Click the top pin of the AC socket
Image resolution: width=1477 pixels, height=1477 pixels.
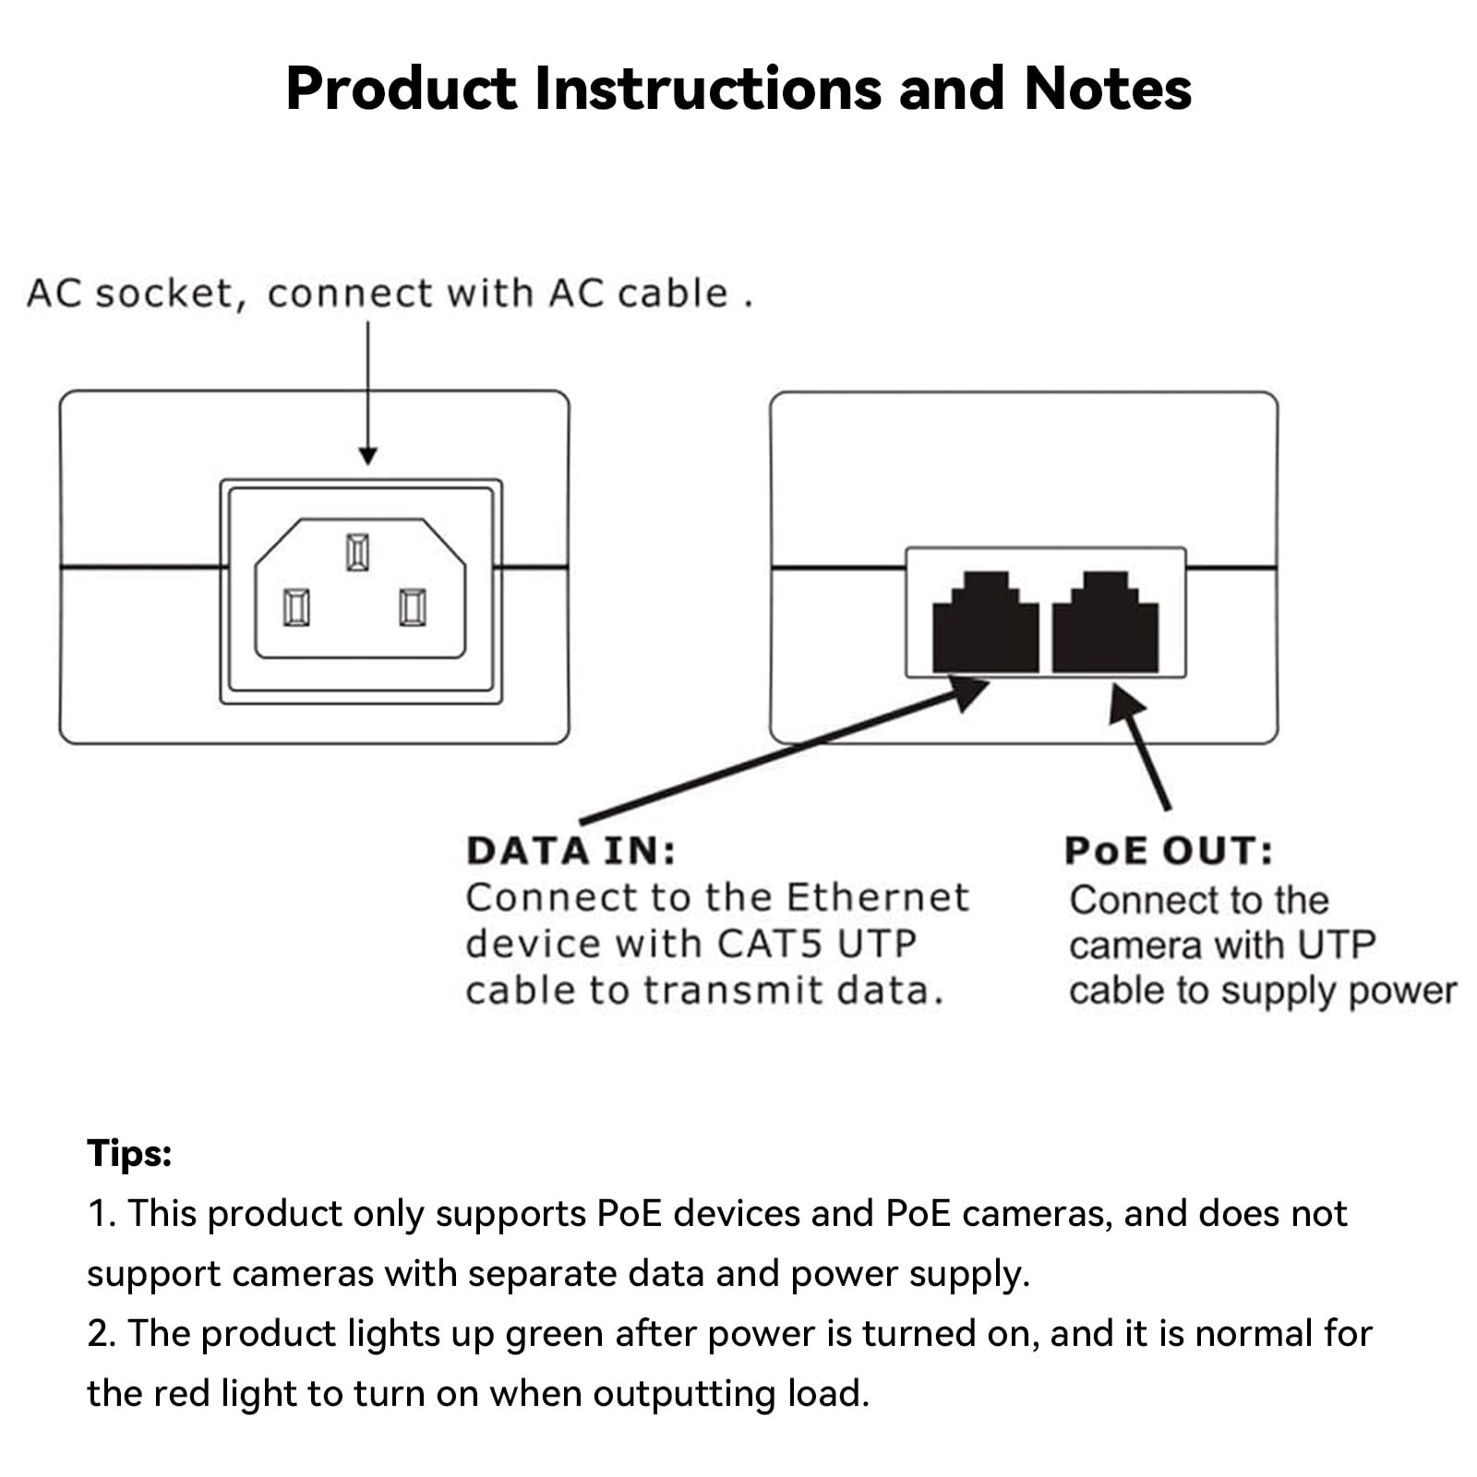click(357, 552)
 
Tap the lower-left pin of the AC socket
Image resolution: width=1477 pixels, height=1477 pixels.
click(296, 607)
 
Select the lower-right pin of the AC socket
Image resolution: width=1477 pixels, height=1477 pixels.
click(413, 607)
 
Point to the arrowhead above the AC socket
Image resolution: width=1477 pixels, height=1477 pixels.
click(367, 455)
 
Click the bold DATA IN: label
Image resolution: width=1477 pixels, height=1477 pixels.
click(570, 851)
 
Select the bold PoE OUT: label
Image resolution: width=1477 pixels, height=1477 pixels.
click(1168, 851)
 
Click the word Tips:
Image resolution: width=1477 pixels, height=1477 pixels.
click(129, 1154)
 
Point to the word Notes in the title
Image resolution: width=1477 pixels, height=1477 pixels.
click(1107, 89)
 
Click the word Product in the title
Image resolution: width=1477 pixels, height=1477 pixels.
click(401, 89)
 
